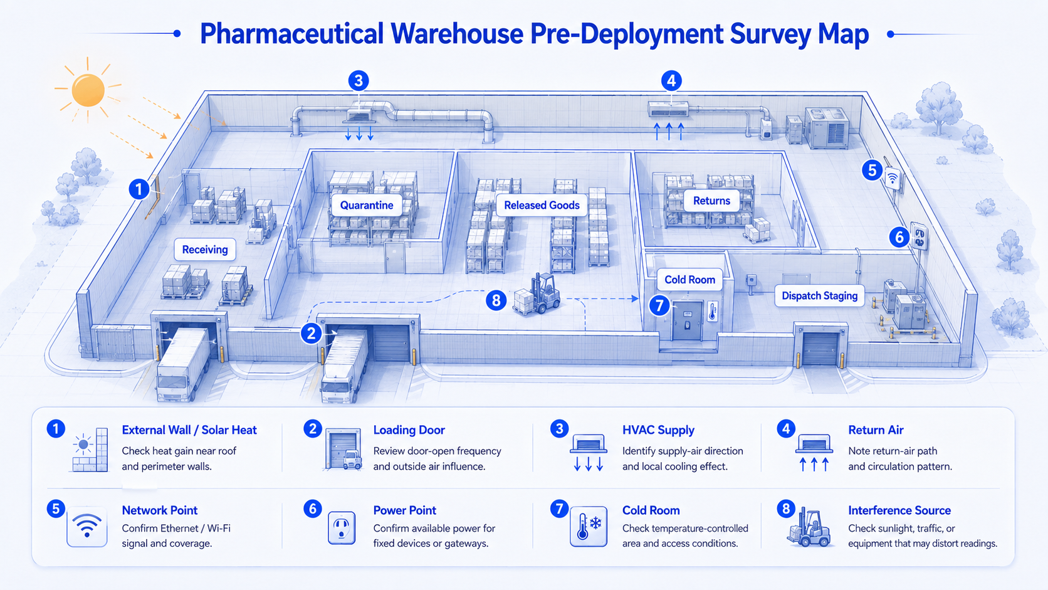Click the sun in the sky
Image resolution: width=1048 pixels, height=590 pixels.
click(88, 90)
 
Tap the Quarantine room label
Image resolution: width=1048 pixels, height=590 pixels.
click(366, 206)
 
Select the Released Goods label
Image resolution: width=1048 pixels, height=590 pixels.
click(542, 206)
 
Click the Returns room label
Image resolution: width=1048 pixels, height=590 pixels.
click(711, 201)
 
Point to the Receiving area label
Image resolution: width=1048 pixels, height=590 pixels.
click(205, 250)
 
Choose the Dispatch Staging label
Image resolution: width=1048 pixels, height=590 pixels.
click(819, 296)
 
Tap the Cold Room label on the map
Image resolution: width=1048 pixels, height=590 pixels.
click(689, 280)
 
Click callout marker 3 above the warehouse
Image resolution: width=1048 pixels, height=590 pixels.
click(359, 81)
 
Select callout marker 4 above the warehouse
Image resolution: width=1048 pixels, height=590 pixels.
click(671, 81)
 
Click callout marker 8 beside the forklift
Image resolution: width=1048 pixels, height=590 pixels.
click(496, 300)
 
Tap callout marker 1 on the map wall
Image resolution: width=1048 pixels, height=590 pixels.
click(139, 189)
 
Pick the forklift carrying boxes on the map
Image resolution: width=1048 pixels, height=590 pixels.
click(538, 294)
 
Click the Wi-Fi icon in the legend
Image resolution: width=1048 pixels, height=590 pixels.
click(87, 527)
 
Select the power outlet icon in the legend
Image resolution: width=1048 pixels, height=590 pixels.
click(342, 527)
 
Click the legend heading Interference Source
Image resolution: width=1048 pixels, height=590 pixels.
click(899, 510)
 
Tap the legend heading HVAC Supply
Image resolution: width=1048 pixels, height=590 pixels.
click(658, 430)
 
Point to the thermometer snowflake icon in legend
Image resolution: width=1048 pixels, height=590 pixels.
click(589, 527)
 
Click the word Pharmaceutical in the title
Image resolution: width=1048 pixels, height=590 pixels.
click(291, 34)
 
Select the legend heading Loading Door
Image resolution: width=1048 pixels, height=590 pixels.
click(409, 430)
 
